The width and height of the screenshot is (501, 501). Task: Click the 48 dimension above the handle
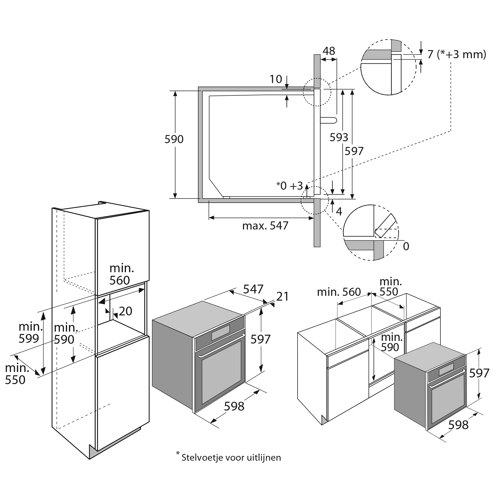click(x=329, y=51)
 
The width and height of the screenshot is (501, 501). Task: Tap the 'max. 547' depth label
click(x=265, y=226)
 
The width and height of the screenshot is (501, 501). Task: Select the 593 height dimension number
click(x=339, y=137)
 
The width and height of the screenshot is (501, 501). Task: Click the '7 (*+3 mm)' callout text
click(x=456, y=55)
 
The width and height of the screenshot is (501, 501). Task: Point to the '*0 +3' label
click(x=290, y=186)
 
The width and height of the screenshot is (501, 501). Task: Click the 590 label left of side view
click(x=174, y=140)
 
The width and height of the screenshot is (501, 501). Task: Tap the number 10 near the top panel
click(x=276, y=79)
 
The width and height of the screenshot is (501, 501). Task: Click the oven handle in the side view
click(x=329, y=120)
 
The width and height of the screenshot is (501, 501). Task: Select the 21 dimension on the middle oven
click(x=282, y=297)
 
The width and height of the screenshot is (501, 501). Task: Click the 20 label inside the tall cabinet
click(x=125, y=311)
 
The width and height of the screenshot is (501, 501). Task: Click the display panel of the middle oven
click(x=220, y=333)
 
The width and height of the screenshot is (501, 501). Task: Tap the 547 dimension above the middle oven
click(x=253, y=289)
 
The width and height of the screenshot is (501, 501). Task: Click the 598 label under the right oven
click(x=458, y=425)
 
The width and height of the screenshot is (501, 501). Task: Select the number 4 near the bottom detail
click(x=339, y=212)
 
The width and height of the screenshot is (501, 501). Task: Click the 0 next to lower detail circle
click(x=406, y=246)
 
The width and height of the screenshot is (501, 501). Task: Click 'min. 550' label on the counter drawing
click(x=391, y=287)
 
